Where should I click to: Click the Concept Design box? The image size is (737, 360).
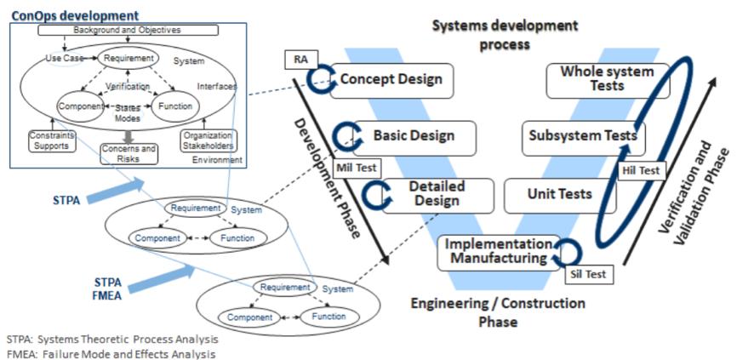[x=391, y=80]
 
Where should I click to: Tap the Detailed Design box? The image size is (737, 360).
[x=434, y=193]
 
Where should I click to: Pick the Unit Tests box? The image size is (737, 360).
[x=559, y=195]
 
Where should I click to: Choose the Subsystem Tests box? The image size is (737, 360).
[x=582, y=136]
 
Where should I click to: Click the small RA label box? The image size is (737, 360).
[x=300, y=60]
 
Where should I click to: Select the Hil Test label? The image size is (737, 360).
[x=642, y=170]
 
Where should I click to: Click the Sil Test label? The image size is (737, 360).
[x=588, y=274]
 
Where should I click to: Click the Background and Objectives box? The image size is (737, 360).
[x=129, y=30]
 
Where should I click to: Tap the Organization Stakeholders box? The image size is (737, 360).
[x=209, y=140]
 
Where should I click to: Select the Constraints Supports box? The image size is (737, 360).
[x=52, y=140]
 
